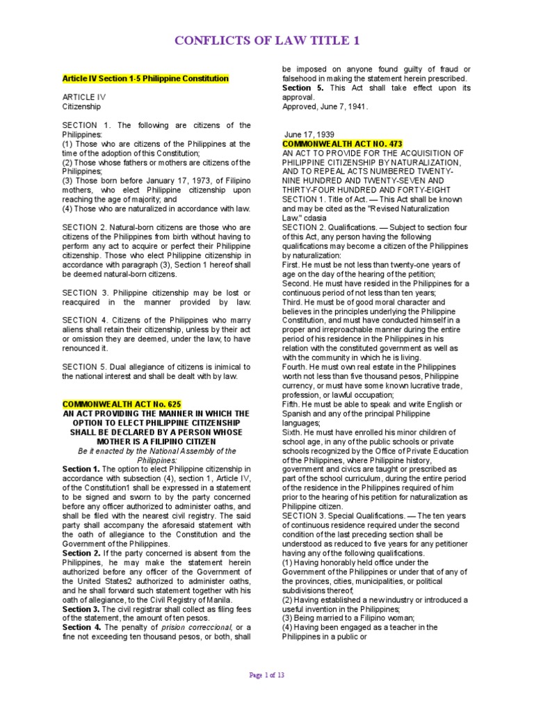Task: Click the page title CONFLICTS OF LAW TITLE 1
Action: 267,41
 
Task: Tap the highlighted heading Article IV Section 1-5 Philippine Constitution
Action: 145,79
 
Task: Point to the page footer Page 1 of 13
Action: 267,674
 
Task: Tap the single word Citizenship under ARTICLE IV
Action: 81,107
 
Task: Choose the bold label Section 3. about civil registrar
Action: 82,609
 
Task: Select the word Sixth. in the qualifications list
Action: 293,432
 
